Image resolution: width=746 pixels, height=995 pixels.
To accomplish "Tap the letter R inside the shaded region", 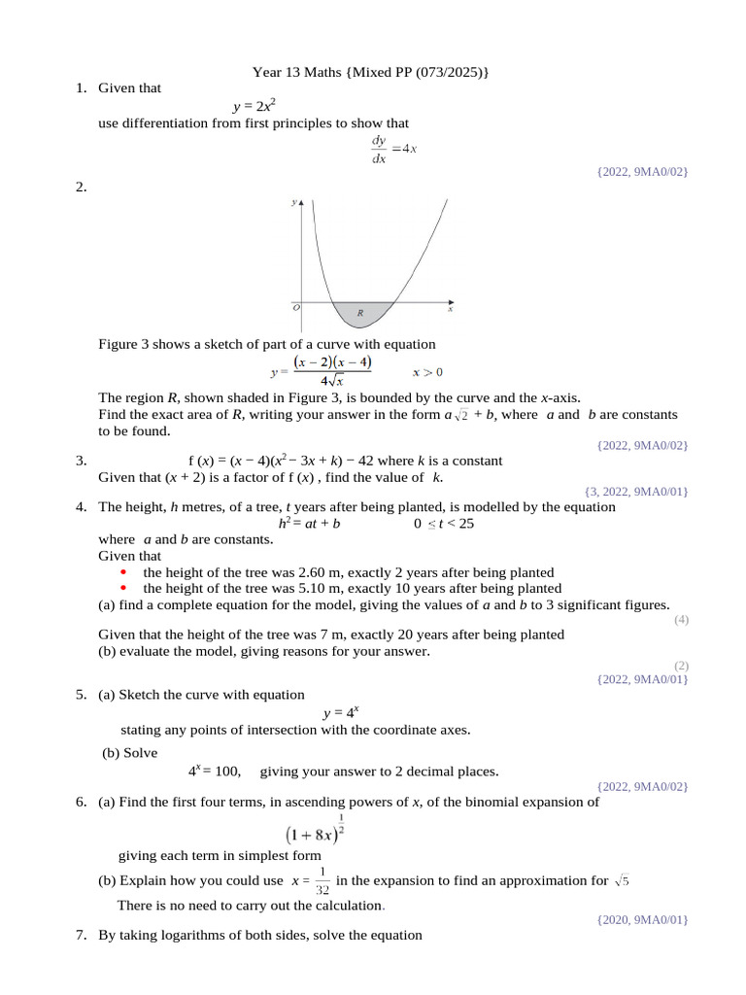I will point(360,313).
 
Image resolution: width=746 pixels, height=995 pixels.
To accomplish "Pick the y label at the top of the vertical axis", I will point(293,203).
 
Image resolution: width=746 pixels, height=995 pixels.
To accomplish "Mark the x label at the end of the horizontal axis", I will point(450,309).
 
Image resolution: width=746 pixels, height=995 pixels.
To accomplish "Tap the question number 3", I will point(81,461).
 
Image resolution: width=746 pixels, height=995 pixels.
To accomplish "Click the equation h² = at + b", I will point(309,523).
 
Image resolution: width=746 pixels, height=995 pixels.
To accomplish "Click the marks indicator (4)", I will point(680,619).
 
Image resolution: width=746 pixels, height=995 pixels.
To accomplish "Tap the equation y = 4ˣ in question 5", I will point(340,712).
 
